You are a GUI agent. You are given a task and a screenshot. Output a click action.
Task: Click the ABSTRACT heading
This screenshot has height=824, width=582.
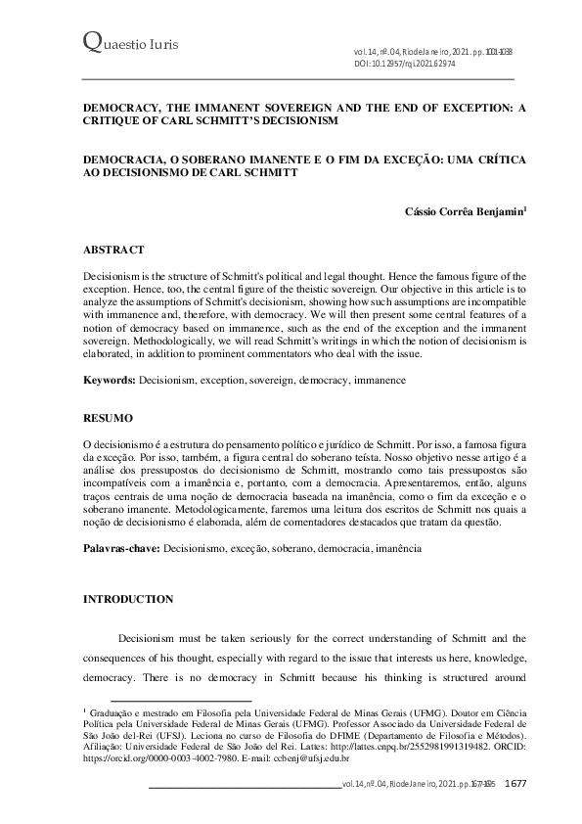[114, 251]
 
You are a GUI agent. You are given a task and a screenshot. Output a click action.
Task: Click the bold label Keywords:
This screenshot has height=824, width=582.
[110, 378]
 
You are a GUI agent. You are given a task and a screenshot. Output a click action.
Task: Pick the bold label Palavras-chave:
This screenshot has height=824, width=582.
[122, 551]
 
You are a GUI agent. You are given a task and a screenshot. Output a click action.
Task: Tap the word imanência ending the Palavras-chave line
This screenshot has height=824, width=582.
[394, 551]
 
